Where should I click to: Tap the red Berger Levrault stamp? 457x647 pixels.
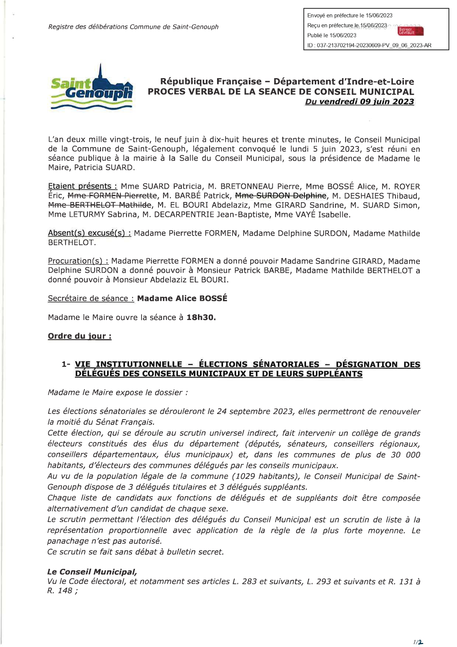tap(411, 31)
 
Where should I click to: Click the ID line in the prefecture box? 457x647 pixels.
tap(369, 45)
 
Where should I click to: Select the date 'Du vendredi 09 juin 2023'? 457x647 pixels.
tap(359, 102)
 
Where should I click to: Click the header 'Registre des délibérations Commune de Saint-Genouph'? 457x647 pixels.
tap(133, 27)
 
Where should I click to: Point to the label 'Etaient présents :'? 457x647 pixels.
tap(83, 187)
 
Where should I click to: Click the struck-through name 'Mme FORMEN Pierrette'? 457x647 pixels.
tap(112, 196)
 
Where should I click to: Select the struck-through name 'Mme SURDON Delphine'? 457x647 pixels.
tap(281, 196)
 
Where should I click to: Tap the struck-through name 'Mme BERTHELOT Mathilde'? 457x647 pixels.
tap(100, 205)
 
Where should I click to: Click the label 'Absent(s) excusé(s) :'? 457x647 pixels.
tap(89, 233)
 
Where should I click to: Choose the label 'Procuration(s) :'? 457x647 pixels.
tap(78, 261)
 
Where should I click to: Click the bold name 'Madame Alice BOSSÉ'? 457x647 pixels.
tap(182, 299)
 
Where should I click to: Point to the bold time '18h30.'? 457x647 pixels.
tap(201, 317)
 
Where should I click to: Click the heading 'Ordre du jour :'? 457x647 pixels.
tap(80, 336)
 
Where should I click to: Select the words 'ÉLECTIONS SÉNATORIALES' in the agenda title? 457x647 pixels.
tap(259, 365)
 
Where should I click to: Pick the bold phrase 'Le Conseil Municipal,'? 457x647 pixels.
tap(92, 572)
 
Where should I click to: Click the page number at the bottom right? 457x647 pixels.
tap(418, 642)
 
